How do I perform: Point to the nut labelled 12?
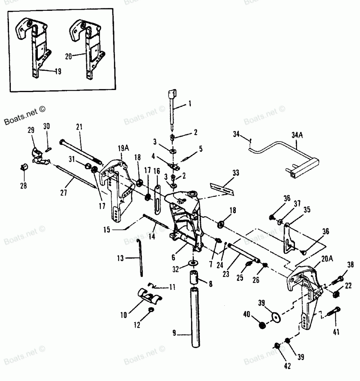click(x=152, y=310)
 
